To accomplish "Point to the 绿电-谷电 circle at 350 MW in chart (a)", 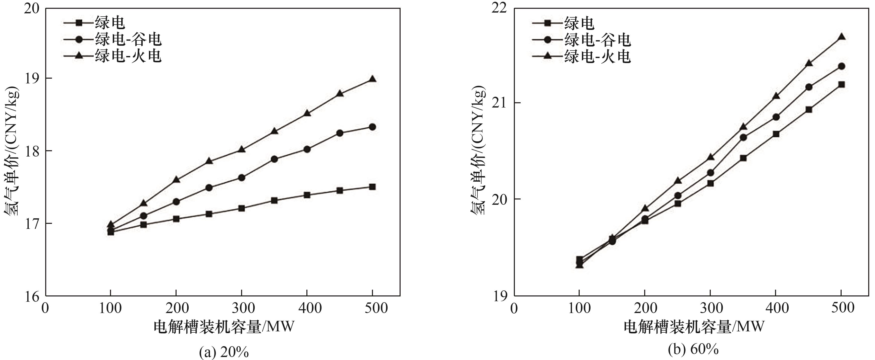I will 275,159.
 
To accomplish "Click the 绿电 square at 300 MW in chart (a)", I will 242,208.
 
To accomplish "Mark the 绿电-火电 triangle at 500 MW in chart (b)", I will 841,37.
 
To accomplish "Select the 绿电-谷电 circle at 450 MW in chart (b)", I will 809,87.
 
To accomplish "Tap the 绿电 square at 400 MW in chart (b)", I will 776,134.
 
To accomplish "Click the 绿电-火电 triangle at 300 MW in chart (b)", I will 710,157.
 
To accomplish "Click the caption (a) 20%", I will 224,352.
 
